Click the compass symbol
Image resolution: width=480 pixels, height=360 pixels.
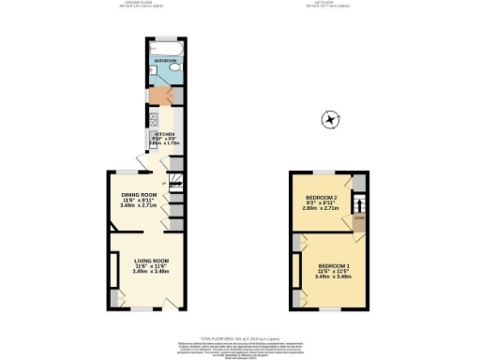(x=330, y=119)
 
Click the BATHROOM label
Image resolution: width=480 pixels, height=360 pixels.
(x=165, y=60)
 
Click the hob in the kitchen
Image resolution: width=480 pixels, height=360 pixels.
(x=153, y=120)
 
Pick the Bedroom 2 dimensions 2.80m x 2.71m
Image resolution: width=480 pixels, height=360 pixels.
(x=322, y=209)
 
